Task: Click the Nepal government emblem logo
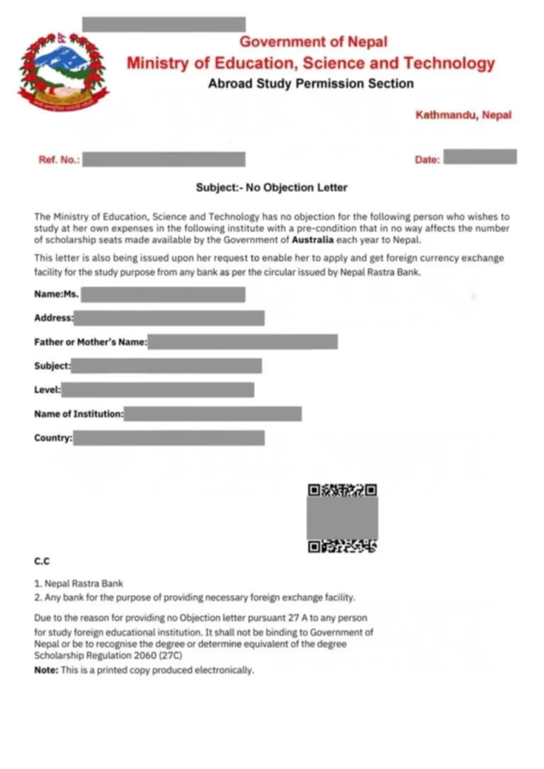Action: pyautogui.click(x=64, y=71)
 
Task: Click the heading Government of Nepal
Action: pyautogui.click(x=313, y=42)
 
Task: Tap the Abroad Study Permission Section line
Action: pyautogui.click(x=310, y=84)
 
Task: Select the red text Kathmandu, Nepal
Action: pyautogui.click(x=463, y=115)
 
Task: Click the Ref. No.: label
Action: pyautogui.click(x=59, y=160)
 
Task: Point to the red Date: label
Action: pyautogui.click(x=427, y=160)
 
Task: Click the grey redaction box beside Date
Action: pyautogui.click(x=480, y=157)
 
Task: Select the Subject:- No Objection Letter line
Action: pyautogui.click(x=271, y=188)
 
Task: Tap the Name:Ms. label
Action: pyautogui.click(x=57, y=295)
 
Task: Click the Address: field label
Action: pyautogui.click(x=54, y=318)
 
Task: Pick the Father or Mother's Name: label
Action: pyautogui.click(x=90, y=342)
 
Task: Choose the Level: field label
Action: pyautogui.click(x=47, y=389)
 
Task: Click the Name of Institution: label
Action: pyautogui.click(x=79, y=414)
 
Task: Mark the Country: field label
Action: pyautogui.click(x=53, y=438)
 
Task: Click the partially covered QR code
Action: pyautogui.click(x=342, y=518)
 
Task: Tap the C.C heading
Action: pyautogui.click(x=42, y=561)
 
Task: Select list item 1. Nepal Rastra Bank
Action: pyautogui.click(x=79, y=583)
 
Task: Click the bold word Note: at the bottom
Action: pyautogui.click(x=47, y=670)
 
